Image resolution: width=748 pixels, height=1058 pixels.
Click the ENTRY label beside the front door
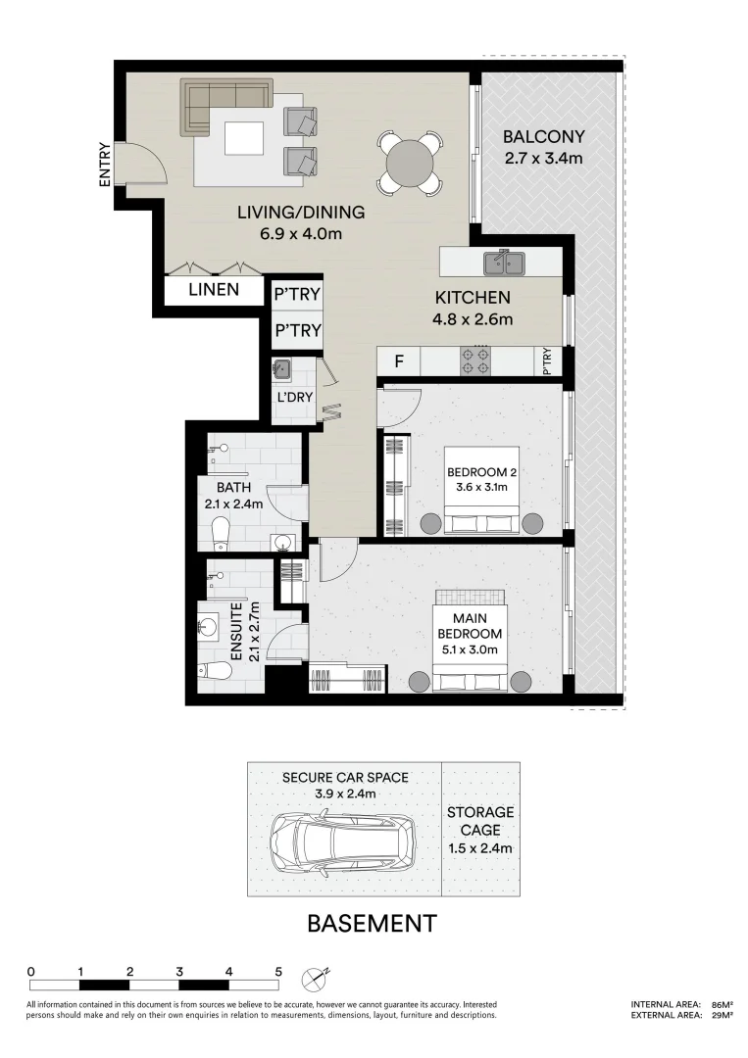[x=105, y=164]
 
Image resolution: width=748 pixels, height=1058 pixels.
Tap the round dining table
[x=410, y=163]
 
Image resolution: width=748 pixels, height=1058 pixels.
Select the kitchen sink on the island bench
[x=504, y=263]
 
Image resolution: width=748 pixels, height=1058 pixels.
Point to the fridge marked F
[x=399, y=361]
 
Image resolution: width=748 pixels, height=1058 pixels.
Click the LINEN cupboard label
[x=214, y=289]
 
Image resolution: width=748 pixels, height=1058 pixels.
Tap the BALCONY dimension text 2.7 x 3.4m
[x=543, y=159]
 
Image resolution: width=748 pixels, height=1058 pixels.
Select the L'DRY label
[x=295, y=397]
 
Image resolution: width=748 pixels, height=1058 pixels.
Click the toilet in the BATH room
[x=221, y=533]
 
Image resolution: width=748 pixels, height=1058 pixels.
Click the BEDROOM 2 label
[x=482, y=472]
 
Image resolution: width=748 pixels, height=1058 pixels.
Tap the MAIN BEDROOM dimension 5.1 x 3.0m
[x=470, y=649]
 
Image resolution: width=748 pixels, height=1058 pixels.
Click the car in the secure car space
[x=343, y=844]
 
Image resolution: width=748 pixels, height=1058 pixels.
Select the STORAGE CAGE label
[x=480, y=821]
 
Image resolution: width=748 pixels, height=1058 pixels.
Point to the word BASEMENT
[x=372, y=923]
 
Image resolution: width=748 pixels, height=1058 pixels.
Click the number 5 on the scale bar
[x=278, y=973]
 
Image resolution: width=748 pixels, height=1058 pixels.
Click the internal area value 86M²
[x=723, y=1004]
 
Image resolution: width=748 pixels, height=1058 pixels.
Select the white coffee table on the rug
[x=244, y=138]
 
